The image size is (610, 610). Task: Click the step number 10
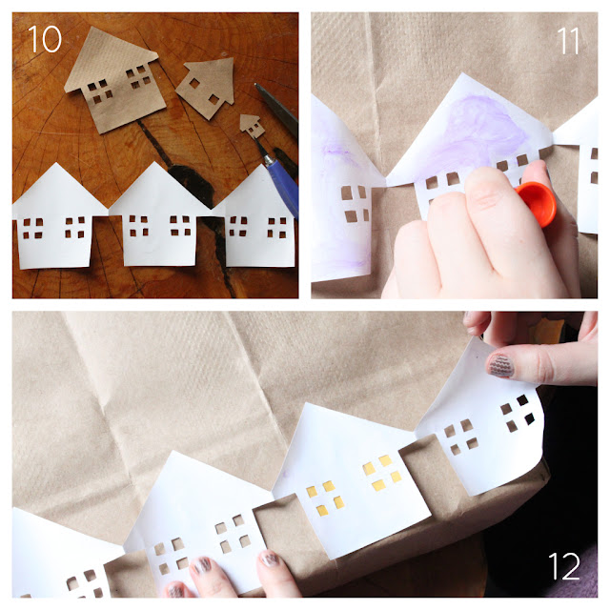pos(45,39)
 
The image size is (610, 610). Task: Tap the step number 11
pos(568,41)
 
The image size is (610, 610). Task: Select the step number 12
pos(564,566)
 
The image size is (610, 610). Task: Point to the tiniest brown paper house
pos(252,126)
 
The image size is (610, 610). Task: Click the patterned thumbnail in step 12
pos(500,366)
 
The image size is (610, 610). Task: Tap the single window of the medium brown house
pos(194,83)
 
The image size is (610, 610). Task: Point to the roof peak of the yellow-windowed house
pos(307,403)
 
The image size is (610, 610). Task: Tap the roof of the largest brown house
pos(110,55)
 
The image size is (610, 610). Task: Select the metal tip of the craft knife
pos(263,152)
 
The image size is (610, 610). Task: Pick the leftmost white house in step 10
pos(57,218)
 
